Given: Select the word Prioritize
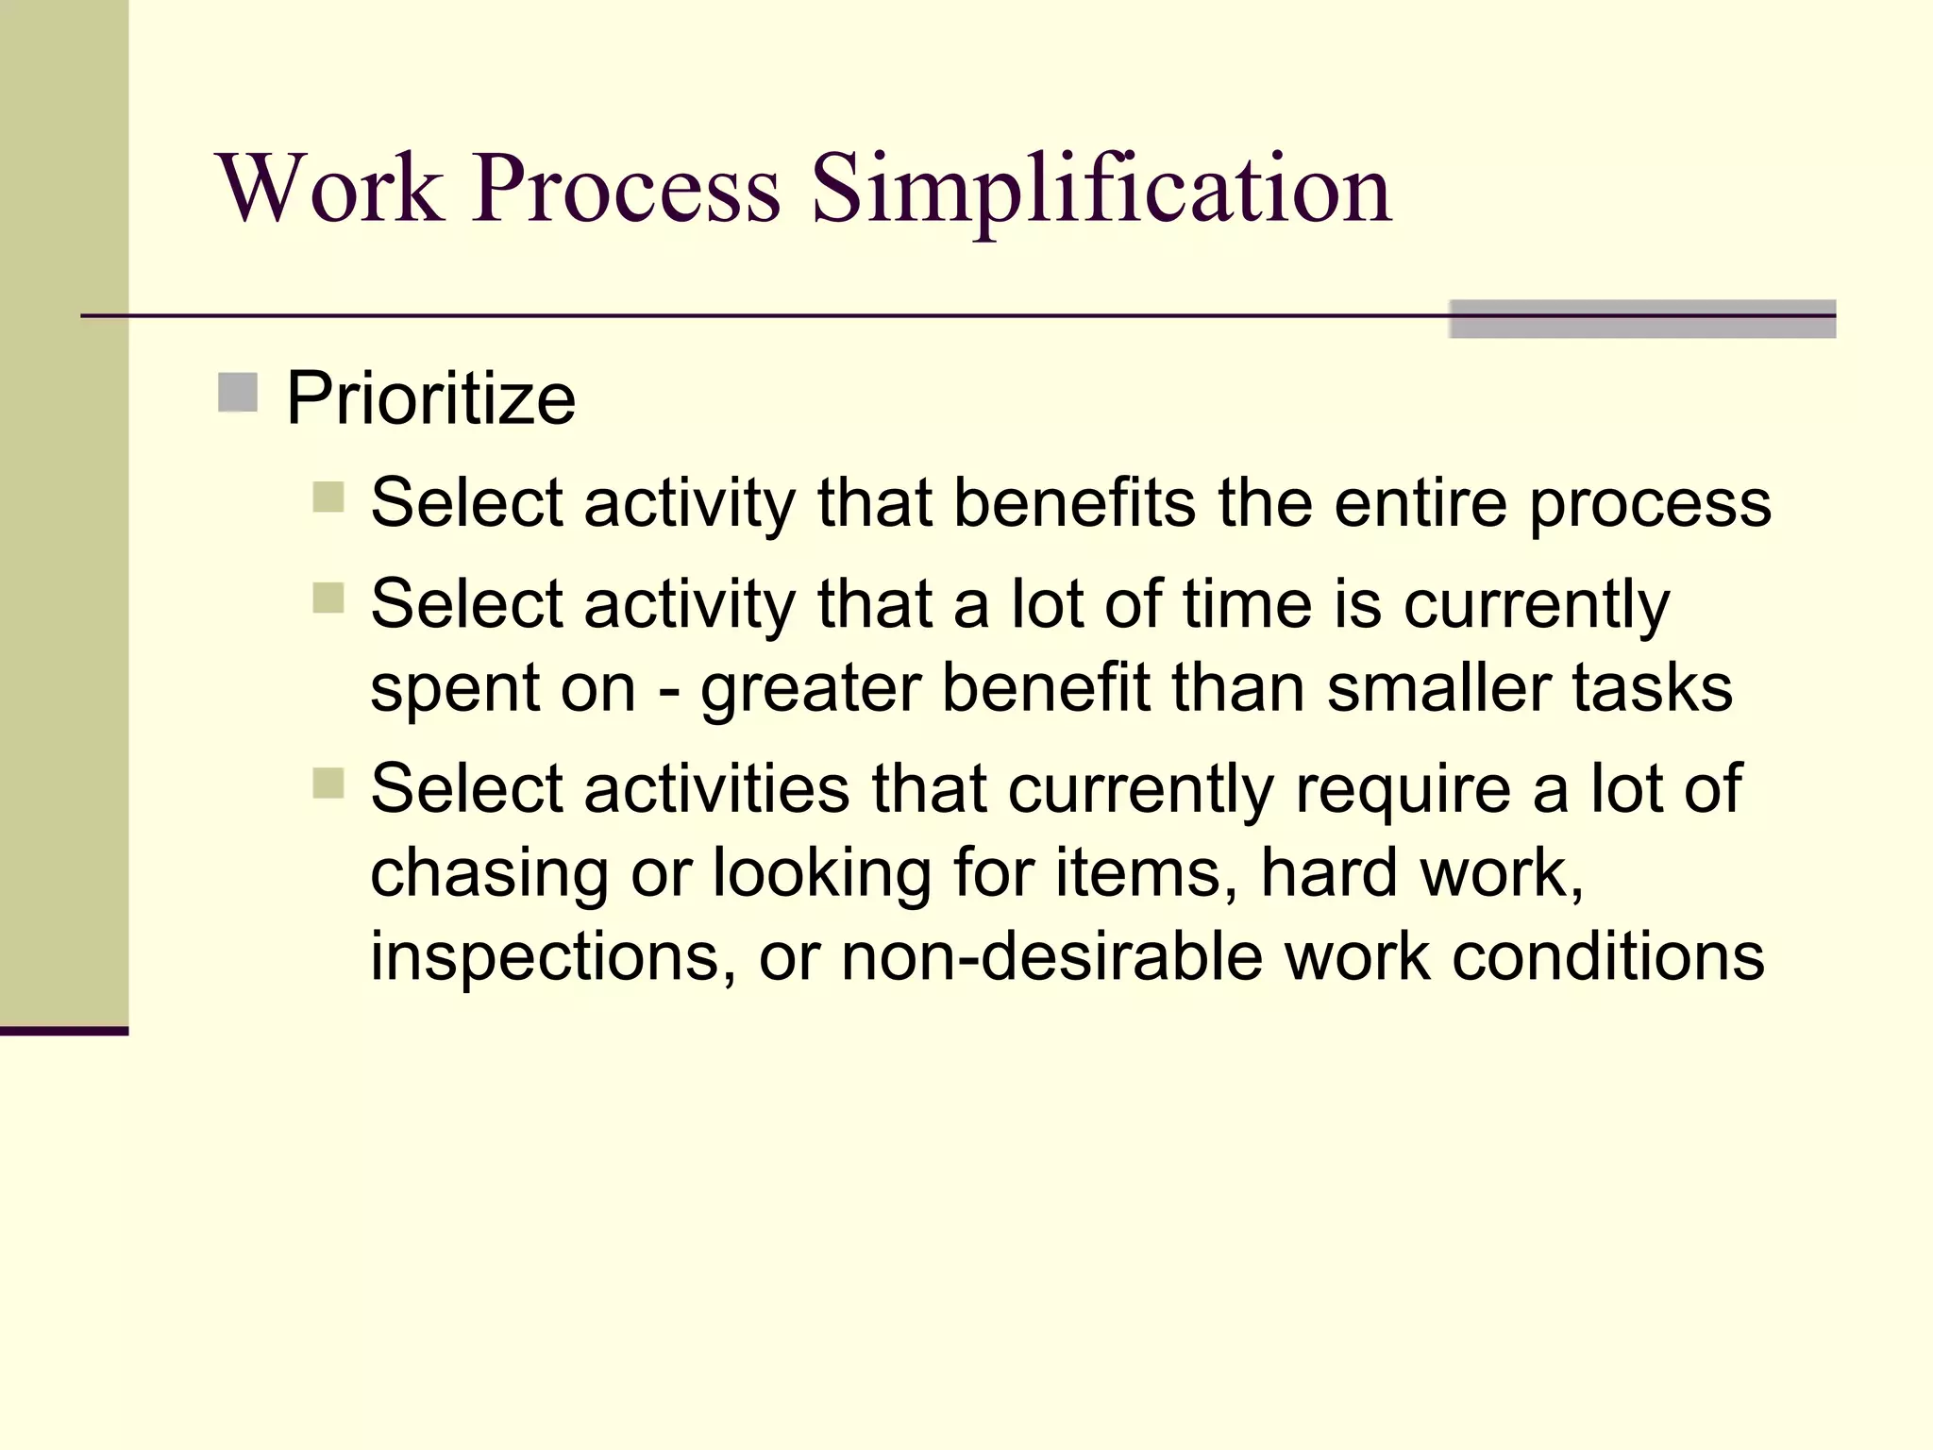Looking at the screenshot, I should pyautogui.click(x=430, y=399).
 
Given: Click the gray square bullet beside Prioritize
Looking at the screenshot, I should pyautogui.click(x=238, y=393).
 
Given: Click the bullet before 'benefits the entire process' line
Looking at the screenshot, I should pyautogui.click(x=328, y=497).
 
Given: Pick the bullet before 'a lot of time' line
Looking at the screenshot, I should pyautogui.click(x=328, y=598).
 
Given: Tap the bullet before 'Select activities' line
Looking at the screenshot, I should pyautogui.click(x=328, y=783).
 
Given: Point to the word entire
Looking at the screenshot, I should pyautogui.click(x=1420, y=502).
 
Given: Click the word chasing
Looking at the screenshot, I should pyautogui.click(x=489, y=874).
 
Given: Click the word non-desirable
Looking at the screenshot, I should pyautogui.click(x=1051, y=957).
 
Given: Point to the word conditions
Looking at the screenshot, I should pyautogui.click(x=1607, y=957).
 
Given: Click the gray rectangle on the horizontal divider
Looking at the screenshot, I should pyautogui.click(x=1642, y=319).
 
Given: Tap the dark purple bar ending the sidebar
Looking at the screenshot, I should pyautogui.click(x=64, y=1031).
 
